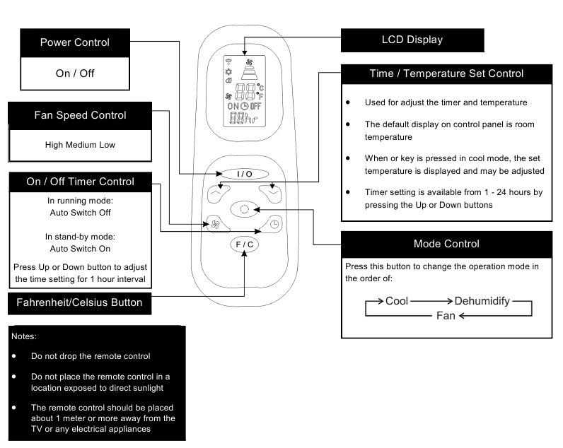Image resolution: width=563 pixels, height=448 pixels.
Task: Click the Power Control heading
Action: coord(74,42)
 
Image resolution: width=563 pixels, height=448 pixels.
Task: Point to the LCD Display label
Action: coord(412,40)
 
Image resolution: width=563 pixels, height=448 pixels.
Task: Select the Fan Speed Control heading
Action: coord(81,114)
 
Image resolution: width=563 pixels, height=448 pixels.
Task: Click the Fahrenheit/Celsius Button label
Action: coord(79,302)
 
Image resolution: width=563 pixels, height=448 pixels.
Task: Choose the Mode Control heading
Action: coord(446,244)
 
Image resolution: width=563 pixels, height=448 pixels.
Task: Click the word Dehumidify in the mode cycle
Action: coord(482,301)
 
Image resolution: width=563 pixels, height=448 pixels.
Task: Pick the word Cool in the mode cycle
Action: coord(397,301)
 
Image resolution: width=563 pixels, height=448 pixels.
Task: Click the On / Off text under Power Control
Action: coord(74,73)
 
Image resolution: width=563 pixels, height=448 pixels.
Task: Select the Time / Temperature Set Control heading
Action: coord(446,73)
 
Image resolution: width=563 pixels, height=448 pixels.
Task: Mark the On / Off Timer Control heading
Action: coord(80,182)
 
